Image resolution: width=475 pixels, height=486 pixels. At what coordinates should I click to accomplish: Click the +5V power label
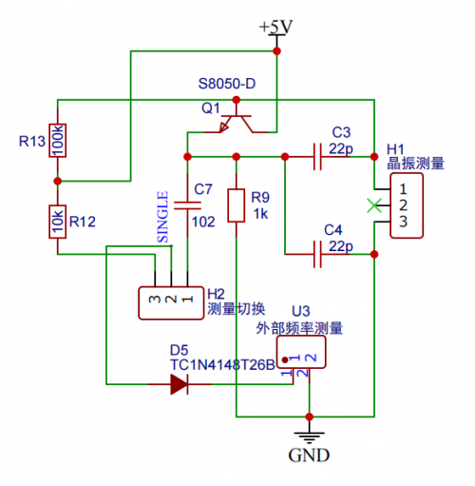click(x=275, y=28)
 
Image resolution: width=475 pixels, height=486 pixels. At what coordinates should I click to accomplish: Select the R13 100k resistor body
click(x=57, y=141)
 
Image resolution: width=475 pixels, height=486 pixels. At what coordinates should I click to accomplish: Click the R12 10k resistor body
click(x=57, y=222)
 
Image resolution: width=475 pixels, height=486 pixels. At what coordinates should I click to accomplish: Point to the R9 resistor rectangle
click(x=237, y=205)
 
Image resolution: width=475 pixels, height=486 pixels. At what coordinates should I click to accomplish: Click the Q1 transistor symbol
click(x=237, y=122)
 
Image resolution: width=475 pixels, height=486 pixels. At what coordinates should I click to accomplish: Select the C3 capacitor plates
click(x=317, y=157)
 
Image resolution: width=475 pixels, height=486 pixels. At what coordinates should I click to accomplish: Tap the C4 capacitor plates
click(x=317, y=254)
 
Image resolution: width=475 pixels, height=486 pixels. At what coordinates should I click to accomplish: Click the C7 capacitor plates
click(x=187, y=205)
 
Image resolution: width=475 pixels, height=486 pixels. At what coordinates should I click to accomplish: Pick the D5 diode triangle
click(x=180, y=384)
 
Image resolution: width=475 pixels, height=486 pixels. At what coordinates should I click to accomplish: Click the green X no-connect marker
click(x=374, y=205)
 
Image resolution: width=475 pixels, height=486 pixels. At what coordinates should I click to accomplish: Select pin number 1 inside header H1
click(x=403, y=189)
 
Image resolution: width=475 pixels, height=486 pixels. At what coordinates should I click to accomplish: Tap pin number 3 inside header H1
click(x=403, y=222)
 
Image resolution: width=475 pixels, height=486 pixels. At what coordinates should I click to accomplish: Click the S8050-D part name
click(x=227, y=84)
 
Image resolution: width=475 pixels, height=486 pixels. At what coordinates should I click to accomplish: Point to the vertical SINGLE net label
click(x=162, y=217)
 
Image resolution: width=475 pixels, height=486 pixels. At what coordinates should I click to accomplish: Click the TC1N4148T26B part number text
click(x=222, y=365)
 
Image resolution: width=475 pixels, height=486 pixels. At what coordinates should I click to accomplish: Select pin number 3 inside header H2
click(x=155, y=299)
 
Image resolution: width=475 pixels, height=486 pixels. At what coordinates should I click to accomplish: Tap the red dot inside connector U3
click(x=285, y=360)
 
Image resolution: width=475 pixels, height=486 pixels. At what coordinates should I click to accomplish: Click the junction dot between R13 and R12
click(x=57, y=181)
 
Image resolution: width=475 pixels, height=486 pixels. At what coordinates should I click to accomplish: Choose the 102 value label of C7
click(x=203, y=222)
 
